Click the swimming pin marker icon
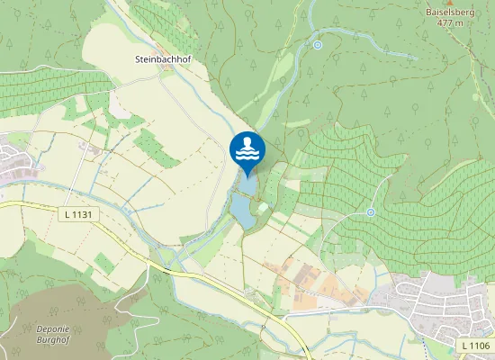[x=247, y=149]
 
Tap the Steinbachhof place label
[x=164, y=58]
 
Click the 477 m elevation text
[x=449, y=23]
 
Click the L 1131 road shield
[x=80, y=215]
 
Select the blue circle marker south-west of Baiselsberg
[x=317, y=44]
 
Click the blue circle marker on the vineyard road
[x=371, y=212]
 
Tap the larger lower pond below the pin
[x=242, y=211]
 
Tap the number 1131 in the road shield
[x=84, y=215]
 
